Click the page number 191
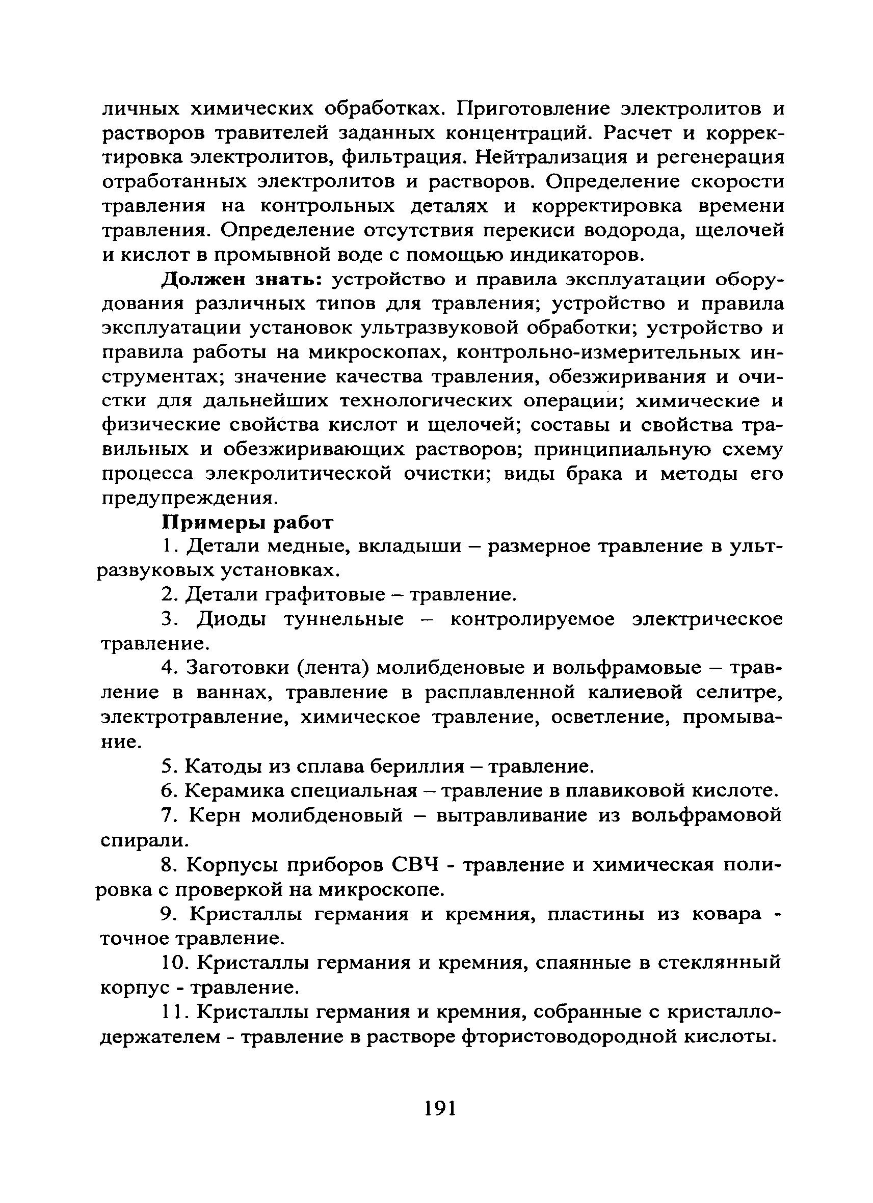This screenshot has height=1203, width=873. pyautogui.click(x=440, y=1108)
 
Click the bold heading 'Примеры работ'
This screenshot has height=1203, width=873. pyautogui.click(x=247, y=523)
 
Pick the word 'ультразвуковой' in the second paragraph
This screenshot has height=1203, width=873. pyautogui.click(x=440, y=329)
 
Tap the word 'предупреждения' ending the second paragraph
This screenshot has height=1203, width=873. pyautogui.click(x=188, y=498)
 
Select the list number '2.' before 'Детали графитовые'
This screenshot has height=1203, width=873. pyautogui.click(x=169, y=595)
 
